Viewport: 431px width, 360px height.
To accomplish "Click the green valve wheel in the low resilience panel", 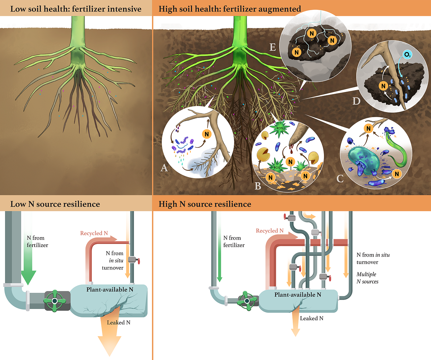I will click(55, 300).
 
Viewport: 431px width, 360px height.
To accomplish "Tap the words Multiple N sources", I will click(367, 278).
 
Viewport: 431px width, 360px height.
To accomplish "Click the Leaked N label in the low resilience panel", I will click(119, 322).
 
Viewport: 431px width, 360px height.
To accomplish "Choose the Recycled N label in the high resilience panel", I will click(269, 231).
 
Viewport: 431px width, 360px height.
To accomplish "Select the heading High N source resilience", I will click(205, 204).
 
